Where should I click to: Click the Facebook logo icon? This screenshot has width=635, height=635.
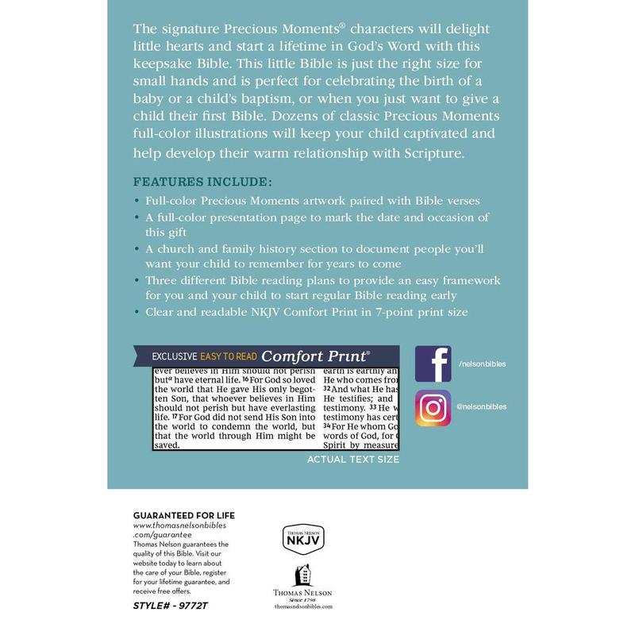(433, 364)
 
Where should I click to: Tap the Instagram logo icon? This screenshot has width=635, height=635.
(433, 408)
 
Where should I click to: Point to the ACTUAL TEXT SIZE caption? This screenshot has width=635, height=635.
(352, 460)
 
